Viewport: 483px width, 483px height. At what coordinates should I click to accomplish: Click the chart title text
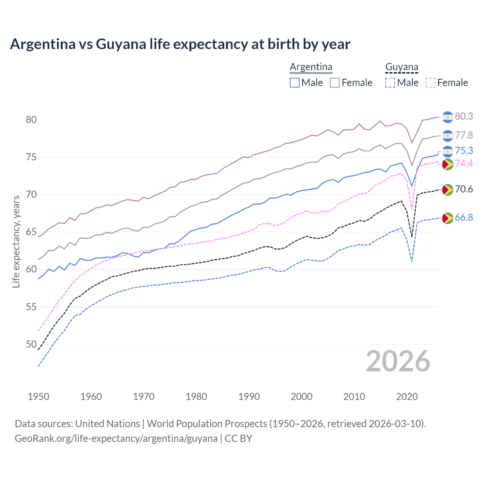point(180,44)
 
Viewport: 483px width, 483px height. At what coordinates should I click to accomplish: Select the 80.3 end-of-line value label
point(464,117)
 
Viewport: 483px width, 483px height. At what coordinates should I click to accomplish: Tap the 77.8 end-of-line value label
point(464,135)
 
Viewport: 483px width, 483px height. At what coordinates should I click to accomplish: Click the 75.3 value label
point(464,151)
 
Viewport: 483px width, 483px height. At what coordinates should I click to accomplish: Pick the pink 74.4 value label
point(464,164)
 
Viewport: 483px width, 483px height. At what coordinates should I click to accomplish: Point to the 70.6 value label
point(464,189)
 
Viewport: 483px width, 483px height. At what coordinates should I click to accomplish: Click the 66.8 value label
point(464,218)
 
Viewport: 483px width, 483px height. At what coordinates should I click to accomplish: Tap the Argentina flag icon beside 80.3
point(448,117)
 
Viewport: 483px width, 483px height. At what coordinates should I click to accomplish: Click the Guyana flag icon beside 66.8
point(448,218)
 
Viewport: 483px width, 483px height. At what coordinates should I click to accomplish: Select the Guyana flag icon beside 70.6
point(448,190)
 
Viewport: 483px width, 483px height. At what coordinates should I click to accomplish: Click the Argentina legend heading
point(311,67)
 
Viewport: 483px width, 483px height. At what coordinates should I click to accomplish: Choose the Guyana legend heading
point(401,67)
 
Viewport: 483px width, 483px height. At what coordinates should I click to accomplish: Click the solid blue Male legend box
point(295,83)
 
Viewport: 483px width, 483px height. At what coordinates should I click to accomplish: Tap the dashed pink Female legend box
point(431,83)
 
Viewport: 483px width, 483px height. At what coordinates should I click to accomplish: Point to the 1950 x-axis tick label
point(38,397)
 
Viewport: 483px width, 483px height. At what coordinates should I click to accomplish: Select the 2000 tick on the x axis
point(301,397)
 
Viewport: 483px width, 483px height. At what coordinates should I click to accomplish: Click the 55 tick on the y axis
point(31,307)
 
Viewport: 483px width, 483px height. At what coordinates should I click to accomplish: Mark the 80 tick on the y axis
point(31,120)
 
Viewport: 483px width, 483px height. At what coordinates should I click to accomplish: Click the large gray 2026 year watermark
point(398,361)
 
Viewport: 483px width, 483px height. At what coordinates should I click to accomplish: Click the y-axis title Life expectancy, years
point(16,241)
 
